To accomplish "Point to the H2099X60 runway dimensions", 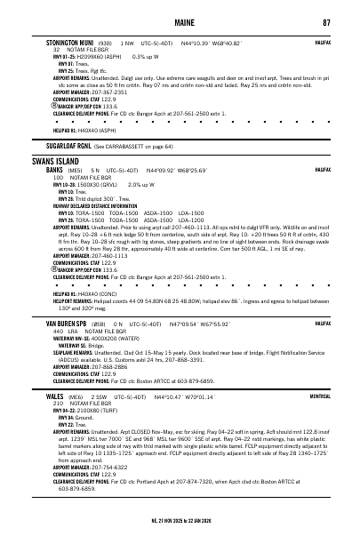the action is click(86, 56).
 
